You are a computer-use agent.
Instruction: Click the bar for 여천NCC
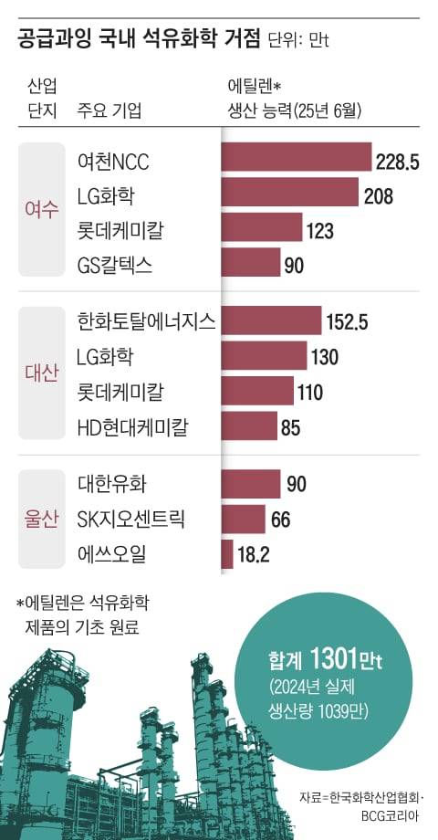point(297,161)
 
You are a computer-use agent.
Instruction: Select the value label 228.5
point(398,163)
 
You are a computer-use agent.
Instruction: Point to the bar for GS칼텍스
point(251,264)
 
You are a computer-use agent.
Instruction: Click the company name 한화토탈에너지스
point(147,320)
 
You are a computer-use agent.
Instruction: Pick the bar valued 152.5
point(272,320)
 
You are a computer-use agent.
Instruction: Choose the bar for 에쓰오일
point(227,553)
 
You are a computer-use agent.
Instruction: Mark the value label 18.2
point(253,554)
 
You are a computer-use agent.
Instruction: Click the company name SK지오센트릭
point(131,519)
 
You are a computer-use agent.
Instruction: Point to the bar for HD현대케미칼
point(249,425)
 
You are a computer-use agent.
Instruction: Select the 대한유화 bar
point(251,484)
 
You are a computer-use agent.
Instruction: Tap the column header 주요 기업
point(110,111)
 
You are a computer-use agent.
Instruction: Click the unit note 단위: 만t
point(302,41)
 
